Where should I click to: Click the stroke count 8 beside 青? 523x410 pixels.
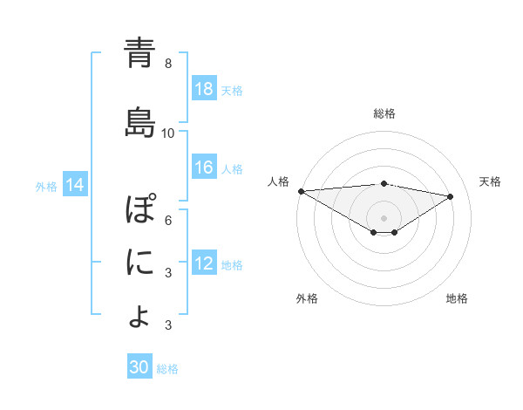[x=168, y=64]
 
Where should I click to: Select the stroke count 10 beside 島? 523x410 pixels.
[x=168, y=133]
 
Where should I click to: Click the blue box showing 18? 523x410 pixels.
[x=204, y=89]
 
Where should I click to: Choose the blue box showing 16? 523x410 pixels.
[x=204, y=167]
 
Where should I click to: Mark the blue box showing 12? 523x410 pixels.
[x=204, y=263]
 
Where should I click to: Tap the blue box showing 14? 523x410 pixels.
[x=75, y=185]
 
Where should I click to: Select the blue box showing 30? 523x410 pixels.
[x=139, y=367]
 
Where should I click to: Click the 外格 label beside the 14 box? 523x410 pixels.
[x=46, y=186]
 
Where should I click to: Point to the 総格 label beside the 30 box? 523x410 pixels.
[x=167, y=369]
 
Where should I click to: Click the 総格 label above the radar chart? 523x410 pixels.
[x=384, y=113]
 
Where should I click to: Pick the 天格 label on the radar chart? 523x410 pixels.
[x=490, y=181]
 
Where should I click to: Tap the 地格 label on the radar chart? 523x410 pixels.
[x=457, y=298]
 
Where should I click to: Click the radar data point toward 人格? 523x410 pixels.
[x=301, y=191]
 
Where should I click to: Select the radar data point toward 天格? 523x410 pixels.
[x=451, y=196]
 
